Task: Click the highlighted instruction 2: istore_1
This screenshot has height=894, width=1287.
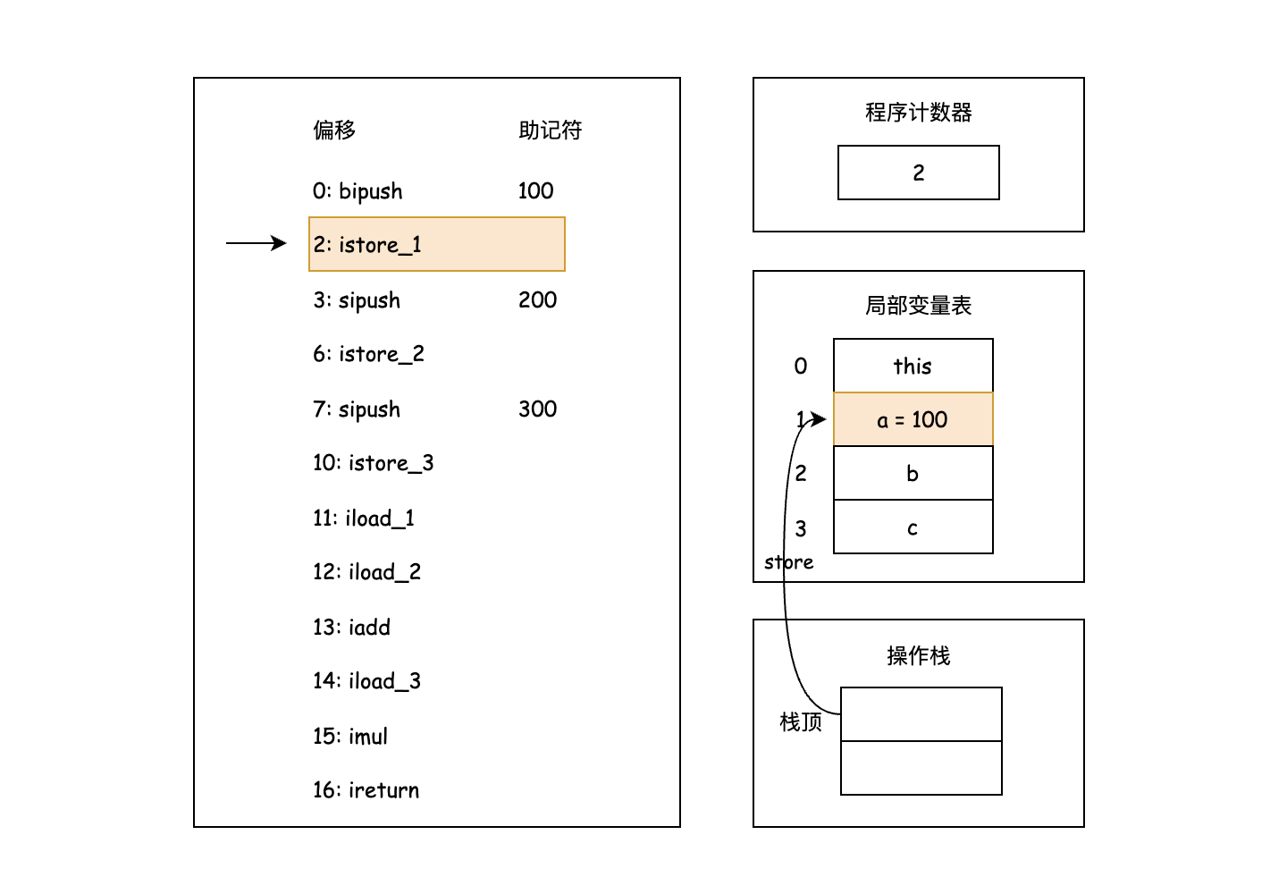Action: tap(436, 244)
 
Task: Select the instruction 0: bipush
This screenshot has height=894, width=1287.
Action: tap(357, 191)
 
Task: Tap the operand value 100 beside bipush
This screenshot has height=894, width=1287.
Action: tap(535, 191)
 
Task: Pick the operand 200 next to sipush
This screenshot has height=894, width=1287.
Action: tap(537, 300)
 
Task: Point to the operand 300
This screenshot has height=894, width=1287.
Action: tap(537, 409)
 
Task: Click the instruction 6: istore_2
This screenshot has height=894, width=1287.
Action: tap(368, 354)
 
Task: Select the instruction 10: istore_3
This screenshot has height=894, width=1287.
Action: tap(373, 463)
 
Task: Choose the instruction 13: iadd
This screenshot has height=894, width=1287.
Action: tap(351, 628)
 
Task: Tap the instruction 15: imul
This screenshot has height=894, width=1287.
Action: tap(350, 737)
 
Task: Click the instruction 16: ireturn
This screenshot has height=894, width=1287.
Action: tap(366, 790)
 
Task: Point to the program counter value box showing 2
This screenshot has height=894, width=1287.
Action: tap(918, 173)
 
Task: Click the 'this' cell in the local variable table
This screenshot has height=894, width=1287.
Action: tap(913, 366)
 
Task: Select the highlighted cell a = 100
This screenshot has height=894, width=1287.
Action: tap(913, 419)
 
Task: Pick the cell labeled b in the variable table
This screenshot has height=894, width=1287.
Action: tap(913, 473)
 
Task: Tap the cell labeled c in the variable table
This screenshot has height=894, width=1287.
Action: tap(913, 527)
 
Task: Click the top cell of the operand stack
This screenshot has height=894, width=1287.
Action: tap(921, 714)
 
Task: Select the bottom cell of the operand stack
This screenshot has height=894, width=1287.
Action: tap(921, 768)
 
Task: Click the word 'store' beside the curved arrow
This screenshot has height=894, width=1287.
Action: tap(788, 562)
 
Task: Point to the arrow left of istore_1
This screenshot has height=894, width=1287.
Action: tap(257, 243)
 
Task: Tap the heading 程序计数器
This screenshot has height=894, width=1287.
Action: tap(918, 113)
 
